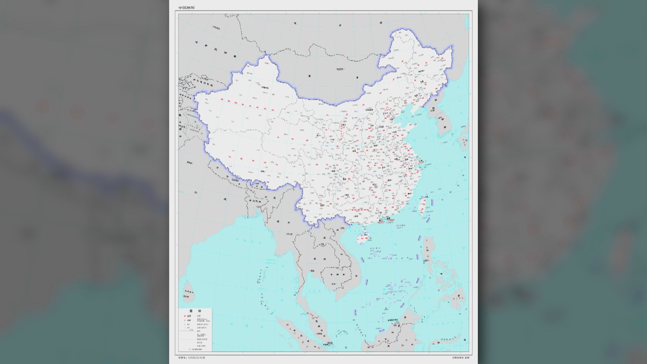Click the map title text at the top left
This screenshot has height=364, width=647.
186,7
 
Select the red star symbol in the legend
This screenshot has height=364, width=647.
185,316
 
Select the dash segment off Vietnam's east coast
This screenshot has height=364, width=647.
362,260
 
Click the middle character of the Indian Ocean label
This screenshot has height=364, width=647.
250,326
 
